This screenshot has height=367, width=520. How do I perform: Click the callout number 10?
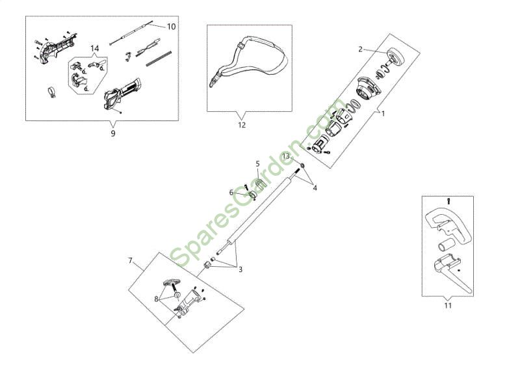171,27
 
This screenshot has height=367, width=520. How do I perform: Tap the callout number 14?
95,49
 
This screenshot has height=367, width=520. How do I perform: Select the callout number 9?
113,133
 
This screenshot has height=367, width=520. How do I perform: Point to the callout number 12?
242,125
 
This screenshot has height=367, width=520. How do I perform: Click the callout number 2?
361,49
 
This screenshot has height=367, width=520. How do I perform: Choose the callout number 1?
383,114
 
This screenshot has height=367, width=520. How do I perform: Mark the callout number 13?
286,156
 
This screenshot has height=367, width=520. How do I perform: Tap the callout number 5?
257,163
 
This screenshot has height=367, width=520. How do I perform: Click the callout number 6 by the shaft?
231,193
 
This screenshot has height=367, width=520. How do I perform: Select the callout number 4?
315,188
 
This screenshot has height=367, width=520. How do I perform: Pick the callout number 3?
240,269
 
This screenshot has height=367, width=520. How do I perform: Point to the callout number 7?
131,260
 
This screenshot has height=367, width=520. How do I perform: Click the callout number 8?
156,299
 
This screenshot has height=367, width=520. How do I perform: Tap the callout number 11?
448,305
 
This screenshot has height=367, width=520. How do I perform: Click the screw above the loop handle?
448,201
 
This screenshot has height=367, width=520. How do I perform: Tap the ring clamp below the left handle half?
52,92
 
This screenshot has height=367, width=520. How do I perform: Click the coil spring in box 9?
159,58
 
